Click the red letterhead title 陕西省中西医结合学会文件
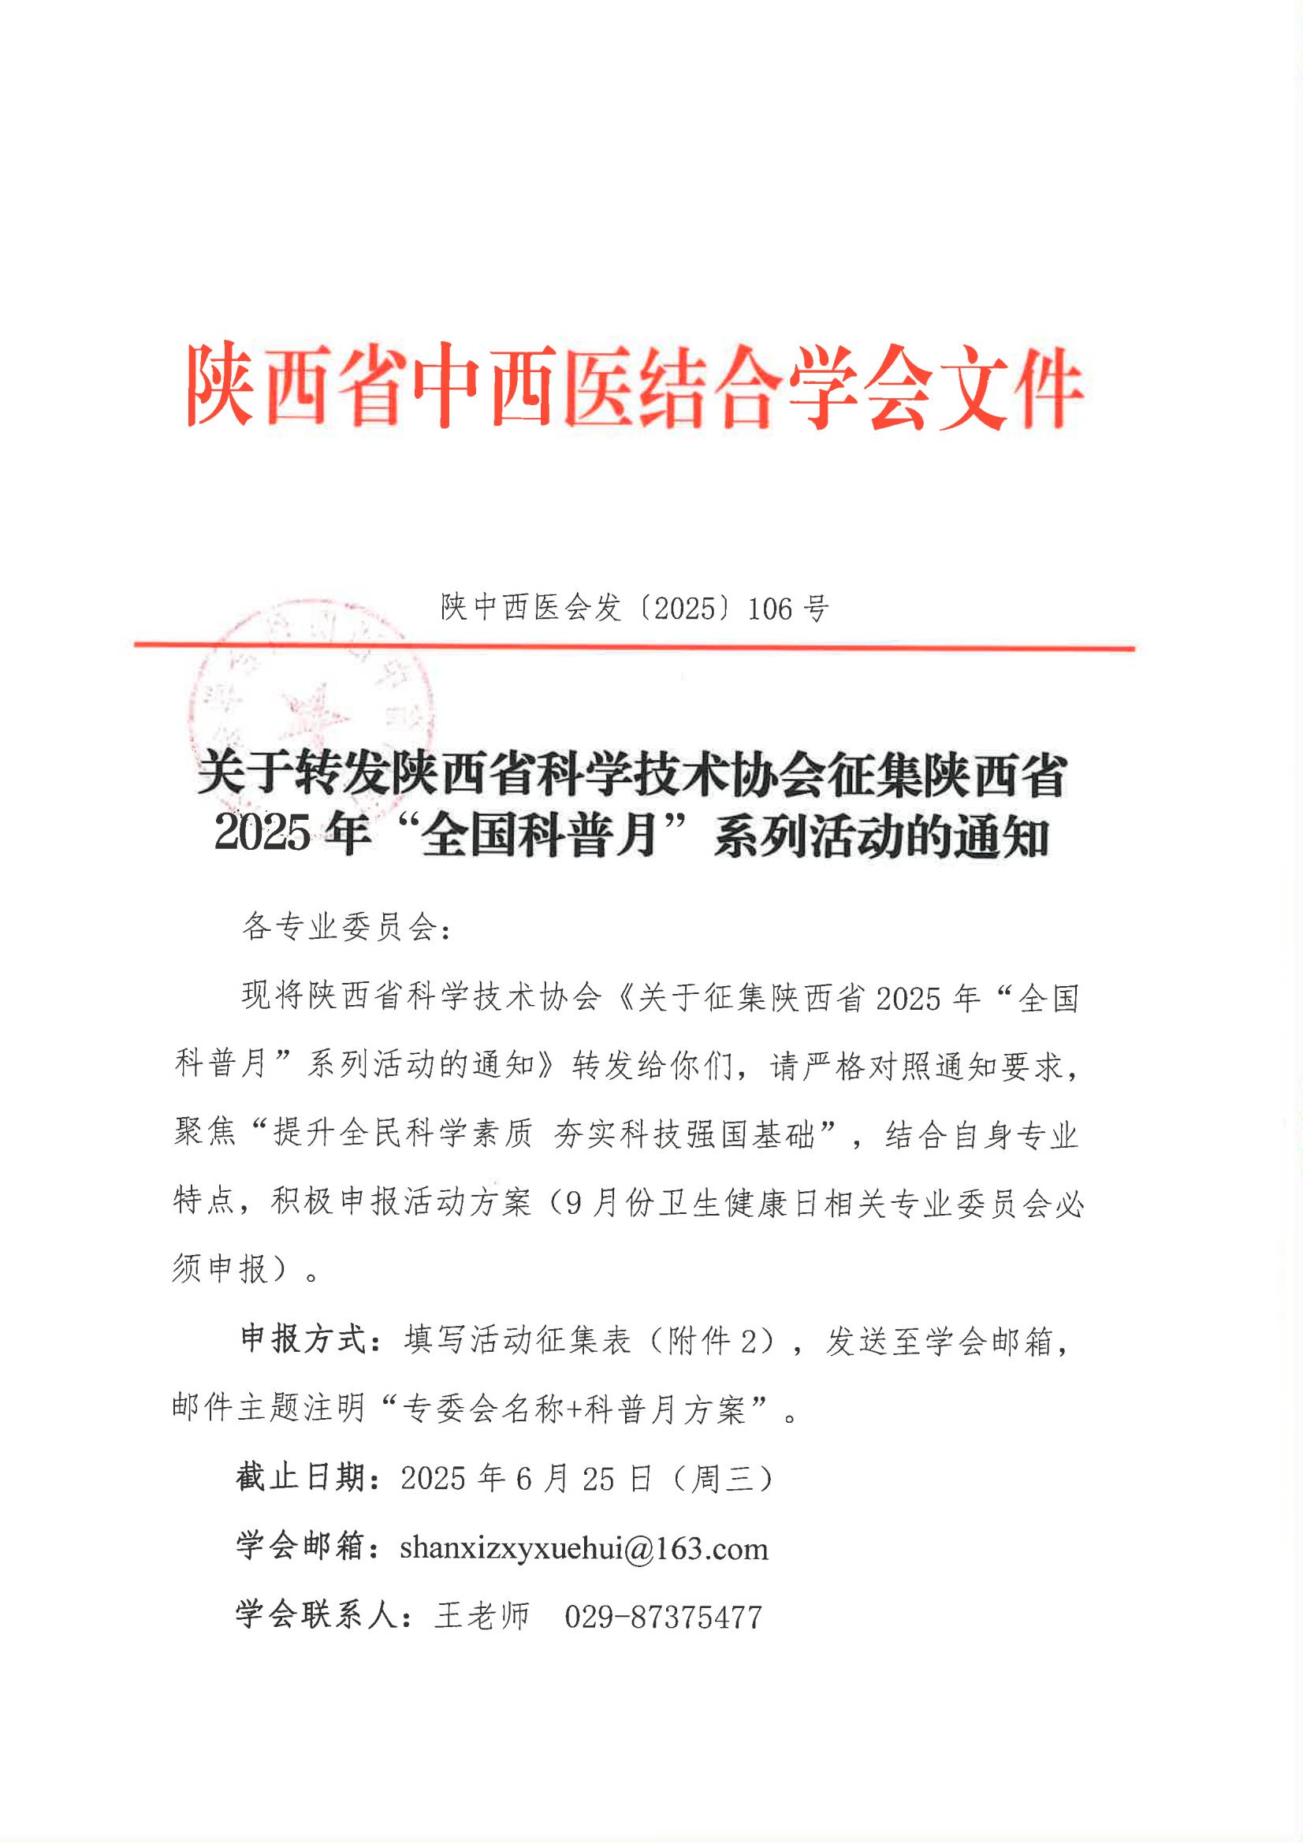tap(635, 386)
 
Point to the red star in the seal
tap(316, 711)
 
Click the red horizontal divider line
tap(635, 646)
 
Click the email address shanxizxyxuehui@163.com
tap(583, 1547)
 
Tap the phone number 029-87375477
tap(663, 1616)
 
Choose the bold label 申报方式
tap(303, 1340)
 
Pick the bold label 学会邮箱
tap(301, 1547)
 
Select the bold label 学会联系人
tap(317, 1615)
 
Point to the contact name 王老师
tap(482, 1616)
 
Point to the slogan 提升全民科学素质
tap(403, 1134)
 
